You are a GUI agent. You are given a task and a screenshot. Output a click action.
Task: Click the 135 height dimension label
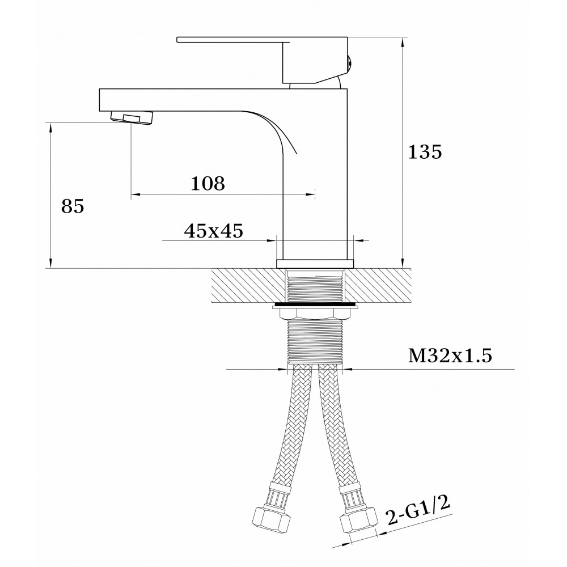(x=425, y=152)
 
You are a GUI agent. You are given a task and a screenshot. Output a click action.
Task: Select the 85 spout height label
(x=73, y=206)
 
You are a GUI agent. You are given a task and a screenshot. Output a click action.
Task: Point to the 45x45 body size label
(x=213, y=231)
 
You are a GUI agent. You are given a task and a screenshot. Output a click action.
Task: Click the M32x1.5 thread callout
(x=450, y=356)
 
